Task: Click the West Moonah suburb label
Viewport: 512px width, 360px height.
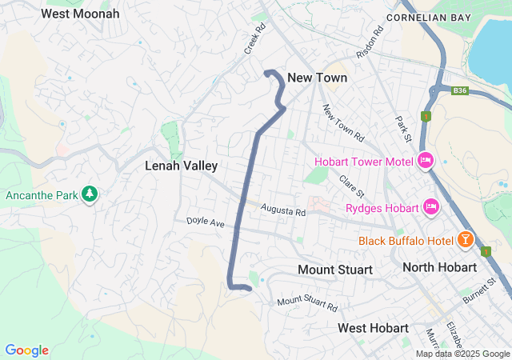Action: click(x=80, y=14)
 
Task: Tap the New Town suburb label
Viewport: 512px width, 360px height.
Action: click(x=317, y=78)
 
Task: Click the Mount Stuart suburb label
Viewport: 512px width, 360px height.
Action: click(x=334, y=270)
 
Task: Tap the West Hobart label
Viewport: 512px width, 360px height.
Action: click(x=373, y=328)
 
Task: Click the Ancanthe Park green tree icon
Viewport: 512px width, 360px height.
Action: click(x=91, y=194)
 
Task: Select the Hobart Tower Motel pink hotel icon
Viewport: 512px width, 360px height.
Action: click(x=426, y=161)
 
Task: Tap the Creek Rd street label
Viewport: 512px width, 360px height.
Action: click(x=254, y=39)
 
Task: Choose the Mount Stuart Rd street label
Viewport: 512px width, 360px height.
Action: click(x=308, y=304)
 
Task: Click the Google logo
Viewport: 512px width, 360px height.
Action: click(x=26, y=350)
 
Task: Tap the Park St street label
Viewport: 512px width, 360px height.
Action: click(x=402, y=130)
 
